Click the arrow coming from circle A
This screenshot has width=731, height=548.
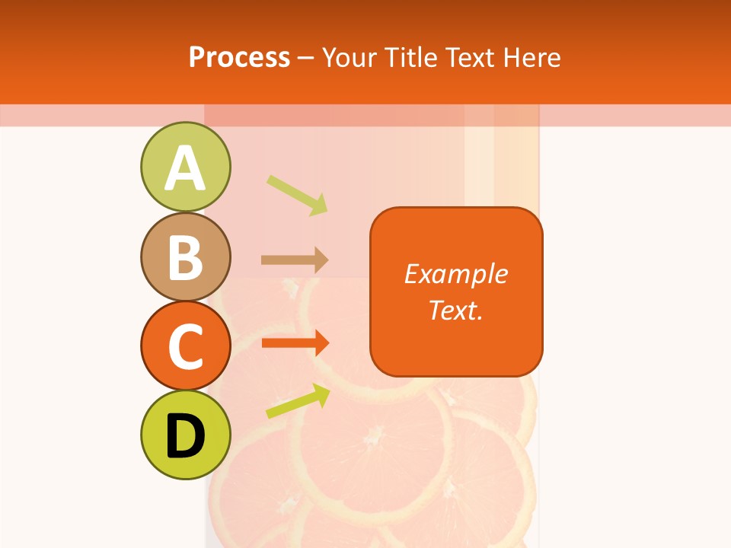point(297,194)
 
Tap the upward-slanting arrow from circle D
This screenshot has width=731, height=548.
point(298,401)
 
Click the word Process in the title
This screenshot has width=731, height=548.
point(239,57)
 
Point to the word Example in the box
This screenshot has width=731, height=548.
point(455,274)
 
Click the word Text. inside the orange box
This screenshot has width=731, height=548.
point(455,310)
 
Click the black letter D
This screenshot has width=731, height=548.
point(185,438)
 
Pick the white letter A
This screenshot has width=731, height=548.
point(185,168)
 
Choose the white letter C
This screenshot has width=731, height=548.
point(185,346)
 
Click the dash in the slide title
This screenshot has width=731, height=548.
point(306,58)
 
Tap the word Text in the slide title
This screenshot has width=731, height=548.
point(470,57)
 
